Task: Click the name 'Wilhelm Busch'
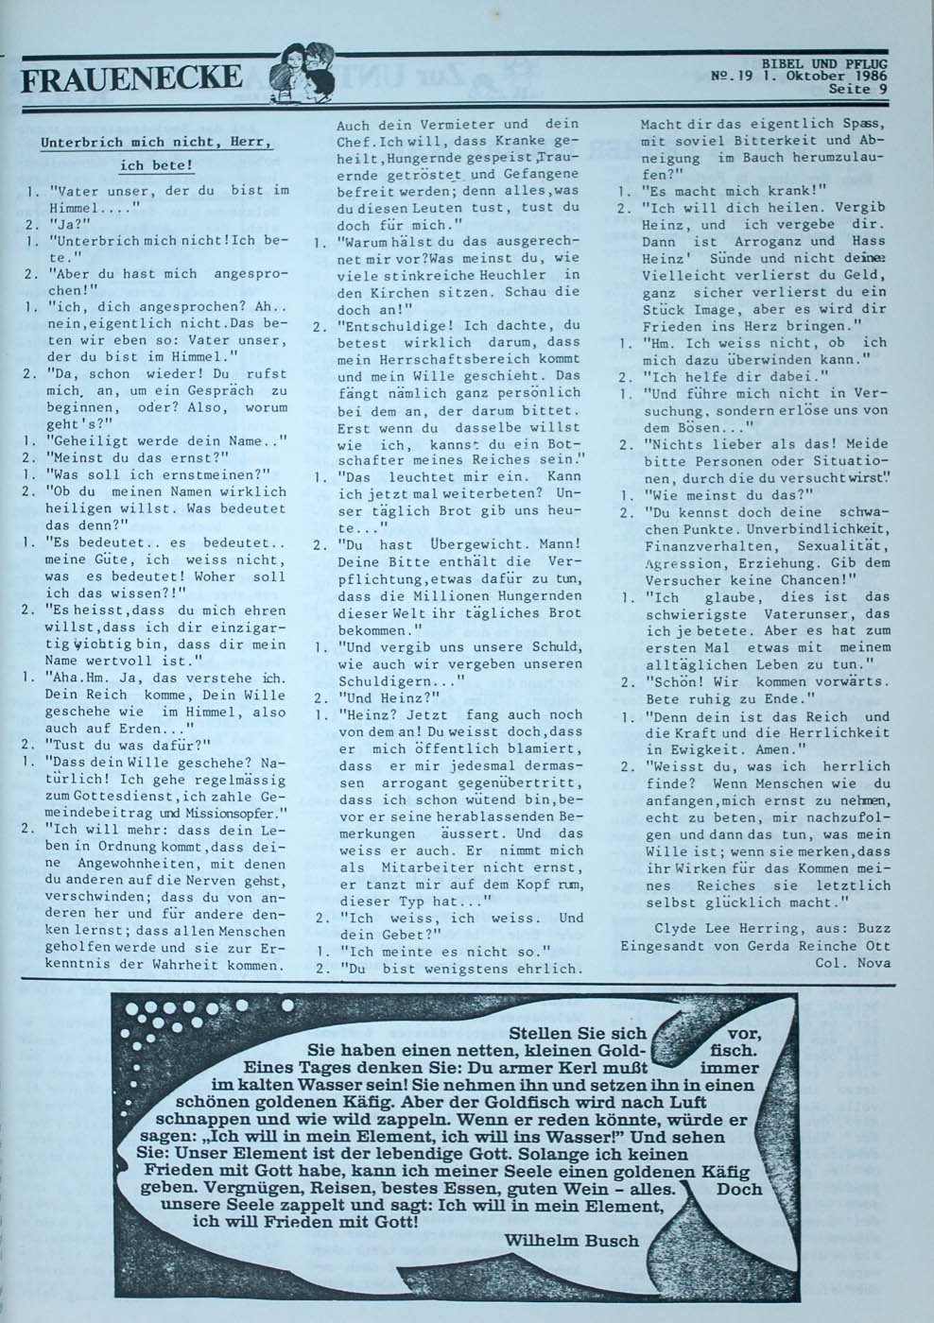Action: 572,1240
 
